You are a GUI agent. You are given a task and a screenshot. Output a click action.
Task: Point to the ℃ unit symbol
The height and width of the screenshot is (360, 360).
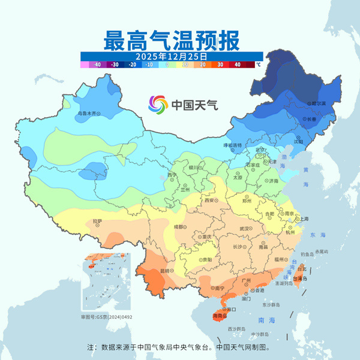[x=259, y=64]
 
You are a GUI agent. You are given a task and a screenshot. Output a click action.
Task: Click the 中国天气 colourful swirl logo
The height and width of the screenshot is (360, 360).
[x=158, y=104]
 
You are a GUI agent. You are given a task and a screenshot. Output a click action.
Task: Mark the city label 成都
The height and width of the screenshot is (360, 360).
[x=179, y=227]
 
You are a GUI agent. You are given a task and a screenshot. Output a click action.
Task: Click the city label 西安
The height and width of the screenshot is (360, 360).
[x=209, y=200]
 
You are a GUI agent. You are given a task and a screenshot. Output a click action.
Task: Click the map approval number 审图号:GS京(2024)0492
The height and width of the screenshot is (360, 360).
[x=106, y=317]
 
